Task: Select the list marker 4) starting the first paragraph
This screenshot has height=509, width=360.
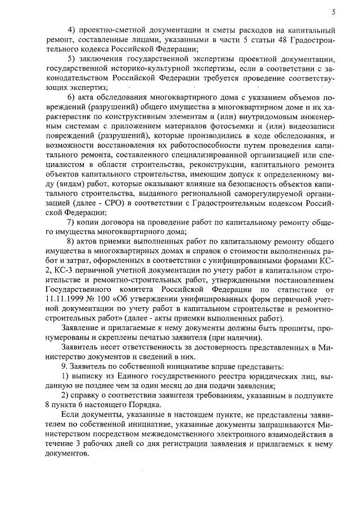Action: (x=72, y=29)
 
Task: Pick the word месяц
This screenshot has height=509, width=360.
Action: (x=180, y=390)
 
